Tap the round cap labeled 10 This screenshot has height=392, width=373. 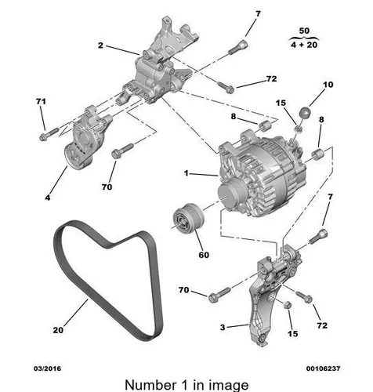(x=305, y=113)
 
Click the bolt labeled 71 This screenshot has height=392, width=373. (x=49, y=133)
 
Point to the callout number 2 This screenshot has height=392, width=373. (x=100, y=45)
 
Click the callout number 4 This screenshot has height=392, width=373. (x=48, y=198)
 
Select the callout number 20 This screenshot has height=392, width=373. (x=58, y=330)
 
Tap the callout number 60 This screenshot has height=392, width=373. (x=204, y=255)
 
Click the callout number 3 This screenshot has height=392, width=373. (x=223, y=327)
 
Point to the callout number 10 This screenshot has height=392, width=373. (x=328, y=85)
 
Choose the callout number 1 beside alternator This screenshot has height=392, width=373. (x=186, y=173)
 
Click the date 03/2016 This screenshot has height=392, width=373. (x=48, y=368)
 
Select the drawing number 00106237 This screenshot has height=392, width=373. (x=324, y=368)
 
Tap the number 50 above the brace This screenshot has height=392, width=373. (x=304, y=31)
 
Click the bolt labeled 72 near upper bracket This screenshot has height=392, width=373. (x=226, y=88)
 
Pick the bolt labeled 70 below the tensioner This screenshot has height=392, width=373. (x=122, y=151)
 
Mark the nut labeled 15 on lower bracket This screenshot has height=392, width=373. (x=288, y=304)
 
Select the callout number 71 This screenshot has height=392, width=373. (x=41, y=101)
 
